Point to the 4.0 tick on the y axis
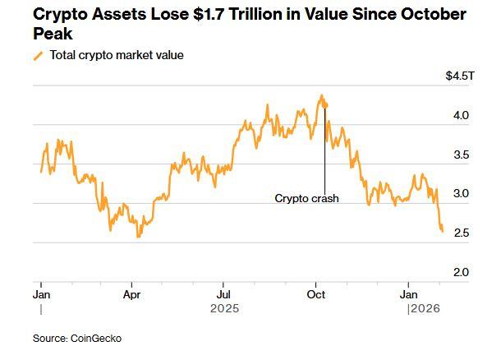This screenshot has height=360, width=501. coord(461,116)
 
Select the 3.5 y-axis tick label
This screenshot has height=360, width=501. coord(461,155)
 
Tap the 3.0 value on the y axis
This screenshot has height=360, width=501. coord(461,194)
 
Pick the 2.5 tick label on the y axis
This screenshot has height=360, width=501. coord(461,233)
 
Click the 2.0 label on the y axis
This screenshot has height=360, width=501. coord(461,272)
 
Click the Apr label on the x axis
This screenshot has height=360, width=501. coord(131,293)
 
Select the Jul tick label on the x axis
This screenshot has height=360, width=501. coord(223,293)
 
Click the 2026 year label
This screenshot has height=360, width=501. coord(425,309)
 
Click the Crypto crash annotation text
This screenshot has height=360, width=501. coord(306,198)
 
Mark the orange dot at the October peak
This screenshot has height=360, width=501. coord(324,104)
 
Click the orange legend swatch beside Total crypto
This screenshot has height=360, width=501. coord(38,56)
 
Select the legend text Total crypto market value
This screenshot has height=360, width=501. coord(117,55)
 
